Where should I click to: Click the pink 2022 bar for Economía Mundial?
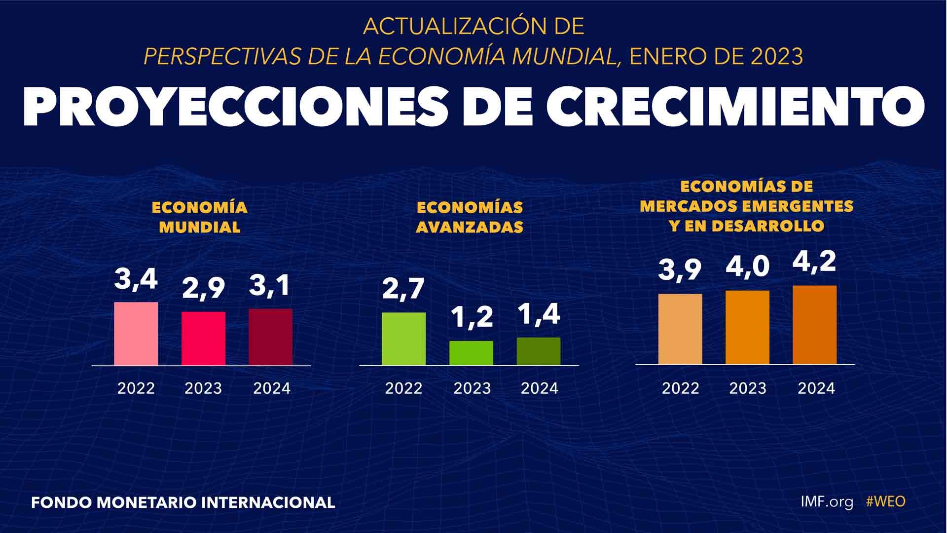(136, 334)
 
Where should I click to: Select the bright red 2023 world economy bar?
(203, 339)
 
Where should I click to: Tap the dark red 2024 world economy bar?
(270, 337)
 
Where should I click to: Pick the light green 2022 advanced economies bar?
(403, 339)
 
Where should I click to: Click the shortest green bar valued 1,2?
(471, 353)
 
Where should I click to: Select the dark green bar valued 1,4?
(538, 351)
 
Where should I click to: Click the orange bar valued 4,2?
(814, 325)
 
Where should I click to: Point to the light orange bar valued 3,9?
(680, 329)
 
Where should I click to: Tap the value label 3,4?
(136, 280)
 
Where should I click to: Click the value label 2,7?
(403, 289)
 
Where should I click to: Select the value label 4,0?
(747, 267)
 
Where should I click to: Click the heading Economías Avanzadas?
(470, 217)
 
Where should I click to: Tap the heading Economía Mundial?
(200, 217)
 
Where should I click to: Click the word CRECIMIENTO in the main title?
(735, 108)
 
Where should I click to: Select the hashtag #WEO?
(885, 502)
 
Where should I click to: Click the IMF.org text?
(827, 502)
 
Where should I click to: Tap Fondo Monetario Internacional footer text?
(183, 502)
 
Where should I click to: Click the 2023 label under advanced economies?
(472, 388)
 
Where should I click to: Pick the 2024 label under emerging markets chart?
(816, 388)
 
